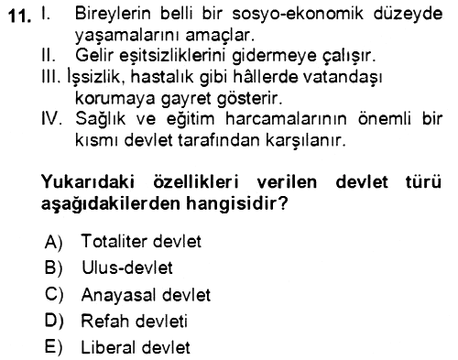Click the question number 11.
20,16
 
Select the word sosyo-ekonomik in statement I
298,14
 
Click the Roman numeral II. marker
49,55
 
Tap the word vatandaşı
343,78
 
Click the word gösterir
249,99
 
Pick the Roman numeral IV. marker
52,118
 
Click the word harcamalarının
287,118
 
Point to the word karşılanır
306,141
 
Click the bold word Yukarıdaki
88,182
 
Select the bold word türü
423,182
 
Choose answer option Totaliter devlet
141,241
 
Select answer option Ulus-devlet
127,267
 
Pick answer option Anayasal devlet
146,295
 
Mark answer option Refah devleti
134,322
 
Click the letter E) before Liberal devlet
53,347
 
